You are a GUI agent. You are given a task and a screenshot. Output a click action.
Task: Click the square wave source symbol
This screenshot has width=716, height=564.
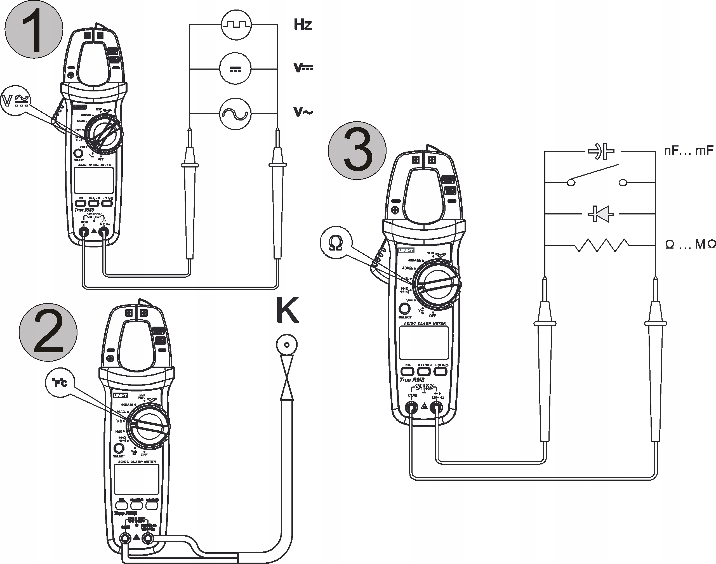click(x=236, y=24)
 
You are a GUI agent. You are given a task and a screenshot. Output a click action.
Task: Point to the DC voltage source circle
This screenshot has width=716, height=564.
click(x=235, y=69)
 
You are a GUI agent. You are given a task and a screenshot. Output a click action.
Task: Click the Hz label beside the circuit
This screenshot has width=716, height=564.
click(x=303, y=25)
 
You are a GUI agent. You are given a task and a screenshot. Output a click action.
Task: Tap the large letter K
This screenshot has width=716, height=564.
click(x=287, y=310)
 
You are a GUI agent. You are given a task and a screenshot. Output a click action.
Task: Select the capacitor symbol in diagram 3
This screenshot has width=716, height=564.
click(x=601, y=151)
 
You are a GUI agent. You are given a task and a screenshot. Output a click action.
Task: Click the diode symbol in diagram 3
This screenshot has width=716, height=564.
click(x=601, y=214)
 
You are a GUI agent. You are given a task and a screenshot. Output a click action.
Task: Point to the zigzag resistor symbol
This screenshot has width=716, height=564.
click(x=602, y=245)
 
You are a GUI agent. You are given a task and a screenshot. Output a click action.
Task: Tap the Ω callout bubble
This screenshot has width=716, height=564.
click(x=336, y=243)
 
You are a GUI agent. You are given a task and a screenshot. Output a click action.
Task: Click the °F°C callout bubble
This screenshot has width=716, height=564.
click(x=60, y=382)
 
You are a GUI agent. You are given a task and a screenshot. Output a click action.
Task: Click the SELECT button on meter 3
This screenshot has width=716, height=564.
click(x=404, y=309)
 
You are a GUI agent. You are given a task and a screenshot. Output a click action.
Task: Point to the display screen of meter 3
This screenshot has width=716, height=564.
click(x=424, y=343)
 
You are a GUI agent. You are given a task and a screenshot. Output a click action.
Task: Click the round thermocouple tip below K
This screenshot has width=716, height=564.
click(x=287, y=345)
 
